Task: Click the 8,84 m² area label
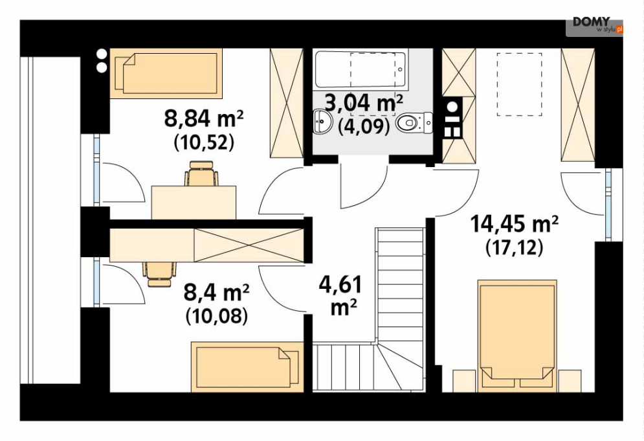pyautogui.click(x=204, y=119)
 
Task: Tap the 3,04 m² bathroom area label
pyautogui.click(x=364, y=103)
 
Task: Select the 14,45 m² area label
pyautogui.click(x=514, y=224)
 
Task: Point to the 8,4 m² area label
pyautogui.click(x=216, y=293)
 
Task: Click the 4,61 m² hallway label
pyautogui.click(x=340, y=295)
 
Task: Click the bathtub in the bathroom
pyautogui.click(x=361, y=69)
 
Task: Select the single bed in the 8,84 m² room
pyautogui.click(x=166, y=74)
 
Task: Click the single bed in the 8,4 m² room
pyautogui.click(x=247, y=367)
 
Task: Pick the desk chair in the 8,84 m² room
pyautogui.click(x=201, y=174)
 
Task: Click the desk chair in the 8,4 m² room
pyautogui.click(x=160, y=274)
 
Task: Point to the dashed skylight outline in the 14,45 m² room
pyautogui.click(x=519, y=84)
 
